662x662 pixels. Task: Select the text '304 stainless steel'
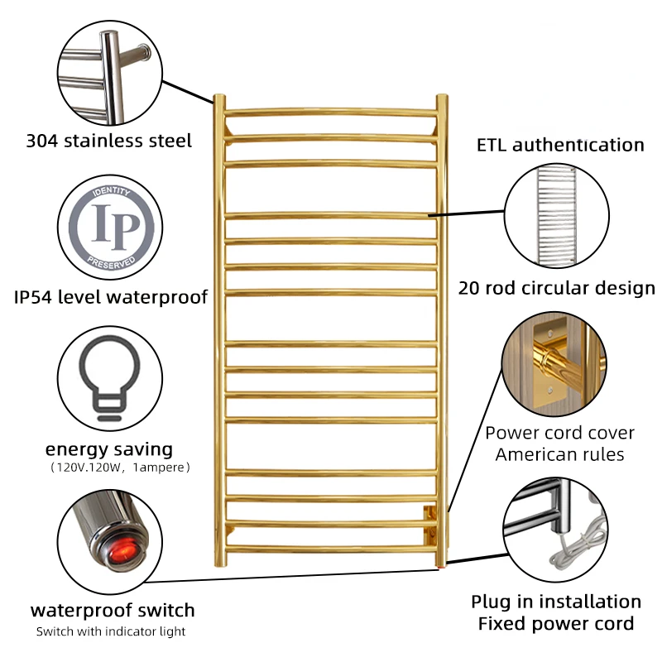(108, 141)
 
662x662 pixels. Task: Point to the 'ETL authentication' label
(560, 145)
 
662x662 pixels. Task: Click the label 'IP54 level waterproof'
(110, 296)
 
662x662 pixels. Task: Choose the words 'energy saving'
(109, 449)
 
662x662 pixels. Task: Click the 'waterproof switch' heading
(113, 611)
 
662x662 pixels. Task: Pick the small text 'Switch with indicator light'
(111, 631)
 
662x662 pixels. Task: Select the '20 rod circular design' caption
(557, 288)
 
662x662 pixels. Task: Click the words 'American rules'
(559, 453)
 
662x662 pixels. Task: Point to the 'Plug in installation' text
(556, 602)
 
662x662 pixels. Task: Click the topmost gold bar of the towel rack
(331, 111)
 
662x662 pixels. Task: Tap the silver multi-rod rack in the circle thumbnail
(556, 214)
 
